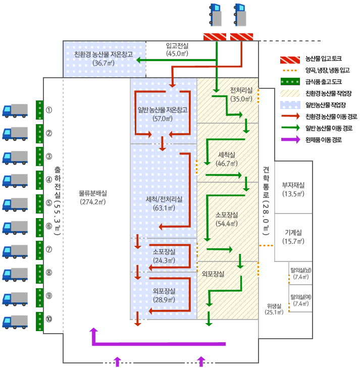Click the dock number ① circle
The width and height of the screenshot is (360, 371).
click(x=49, y=110)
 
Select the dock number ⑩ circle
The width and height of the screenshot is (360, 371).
click(x=49, y=319)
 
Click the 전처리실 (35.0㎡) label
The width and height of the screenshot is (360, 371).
click(x=241, y=90)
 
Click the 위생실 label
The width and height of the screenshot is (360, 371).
click(x=274, y=305)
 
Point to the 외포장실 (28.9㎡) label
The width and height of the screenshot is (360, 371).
click(x=163, y=291)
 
